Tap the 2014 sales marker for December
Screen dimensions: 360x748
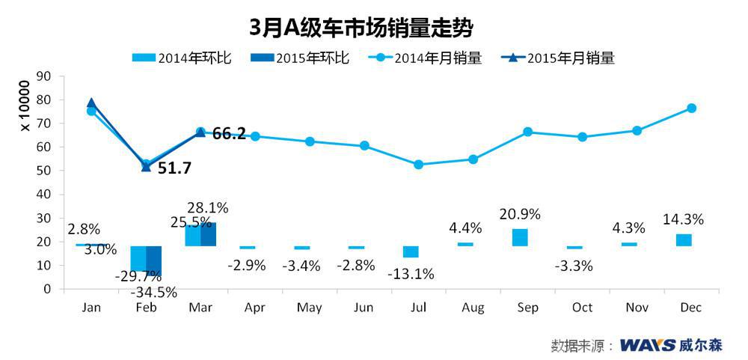[691, 108]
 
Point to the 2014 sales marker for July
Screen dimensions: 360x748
[418, 165]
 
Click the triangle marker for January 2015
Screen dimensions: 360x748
[91, 103]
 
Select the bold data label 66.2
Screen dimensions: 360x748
[229, 135]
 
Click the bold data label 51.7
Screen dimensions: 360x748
[174, 168]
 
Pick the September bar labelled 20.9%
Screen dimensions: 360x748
[520, 237]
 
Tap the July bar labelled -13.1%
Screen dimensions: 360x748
[411, 251]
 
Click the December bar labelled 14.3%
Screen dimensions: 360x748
[684, 240]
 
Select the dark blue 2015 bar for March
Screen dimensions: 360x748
[208, 234]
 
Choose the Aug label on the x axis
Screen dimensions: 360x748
[473, 308]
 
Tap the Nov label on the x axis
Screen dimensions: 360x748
[637, 308]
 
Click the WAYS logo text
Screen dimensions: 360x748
[647, 345]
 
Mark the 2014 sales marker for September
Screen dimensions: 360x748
[527, 132]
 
